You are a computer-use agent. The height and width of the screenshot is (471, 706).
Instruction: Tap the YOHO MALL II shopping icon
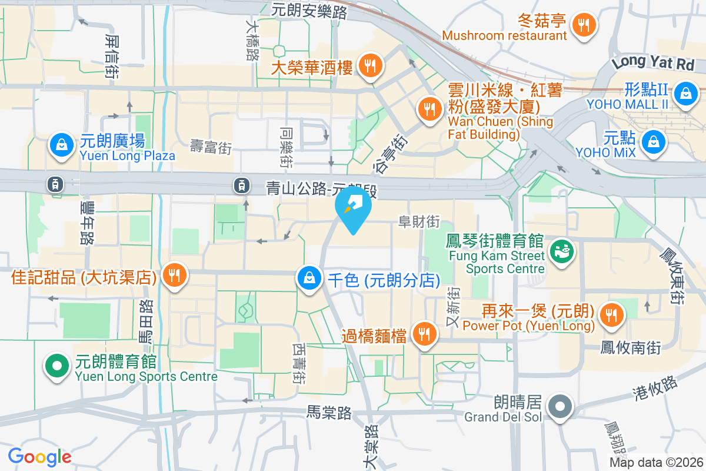pos(685,93)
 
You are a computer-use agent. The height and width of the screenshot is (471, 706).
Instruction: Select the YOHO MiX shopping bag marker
pos(653,142)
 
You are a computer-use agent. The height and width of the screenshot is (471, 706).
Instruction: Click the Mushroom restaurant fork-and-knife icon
pos(584,25)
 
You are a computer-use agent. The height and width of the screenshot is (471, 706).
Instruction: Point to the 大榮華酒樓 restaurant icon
pos(370,65)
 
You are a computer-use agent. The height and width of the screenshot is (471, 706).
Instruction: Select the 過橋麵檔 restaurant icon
pos(423,334)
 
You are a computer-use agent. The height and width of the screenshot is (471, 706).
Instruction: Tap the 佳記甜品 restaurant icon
pos(174,274)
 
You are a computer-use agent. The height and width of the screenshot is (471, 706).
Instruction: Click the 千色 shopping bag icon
pos(309,278)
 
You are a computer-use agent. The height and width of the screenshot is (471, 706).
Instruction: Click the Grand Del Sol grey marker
pos(560,406)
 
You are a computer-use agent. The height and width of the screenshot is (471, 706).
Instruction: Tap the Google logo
pos(39,456)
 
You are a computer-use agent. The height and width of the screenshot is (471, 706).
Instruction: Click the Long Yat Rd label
pos(652,61)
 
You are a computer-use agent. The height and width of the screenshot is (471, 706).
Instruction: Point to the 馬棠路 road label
pos(329,413)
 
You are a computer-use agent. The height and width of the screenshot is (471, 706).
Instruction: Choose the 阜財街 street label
pos(419,222)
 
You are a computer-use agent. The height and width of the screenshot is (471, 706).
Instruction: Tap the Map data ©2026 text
pos(655,463)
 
